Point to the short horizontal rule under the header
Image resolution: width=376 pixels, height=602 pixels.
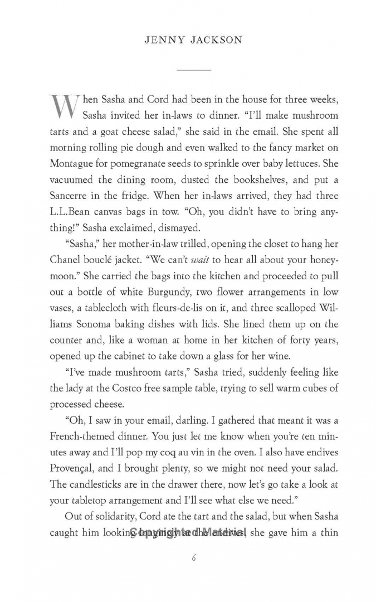[x=193, y=70]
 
